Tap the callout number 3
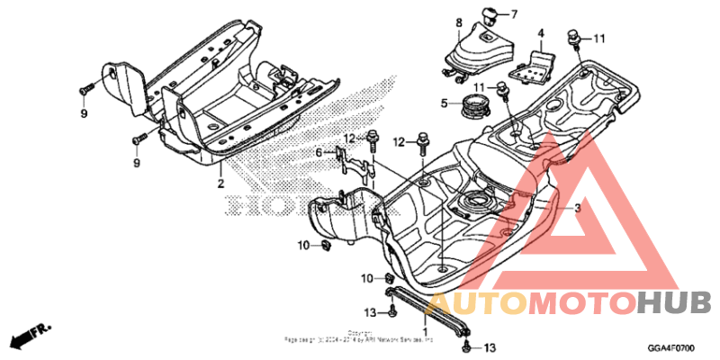tap(578, 208)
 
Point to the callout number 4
tap(541, 34)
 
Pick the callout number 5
tap(444, 103)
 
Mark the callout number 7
tap(516, 14)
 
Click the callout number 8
tap(458, 22)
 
